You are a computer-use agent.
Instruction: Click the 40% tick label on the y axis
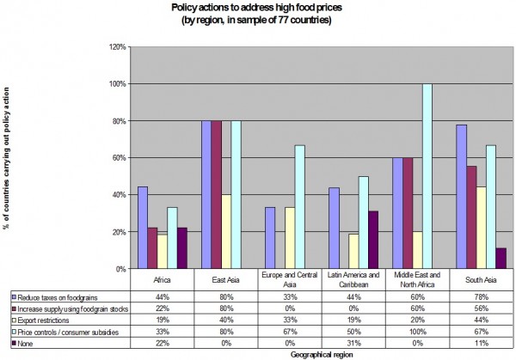point(118,194)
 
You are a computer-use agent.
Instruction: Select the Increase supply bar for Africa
point(151,247)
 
